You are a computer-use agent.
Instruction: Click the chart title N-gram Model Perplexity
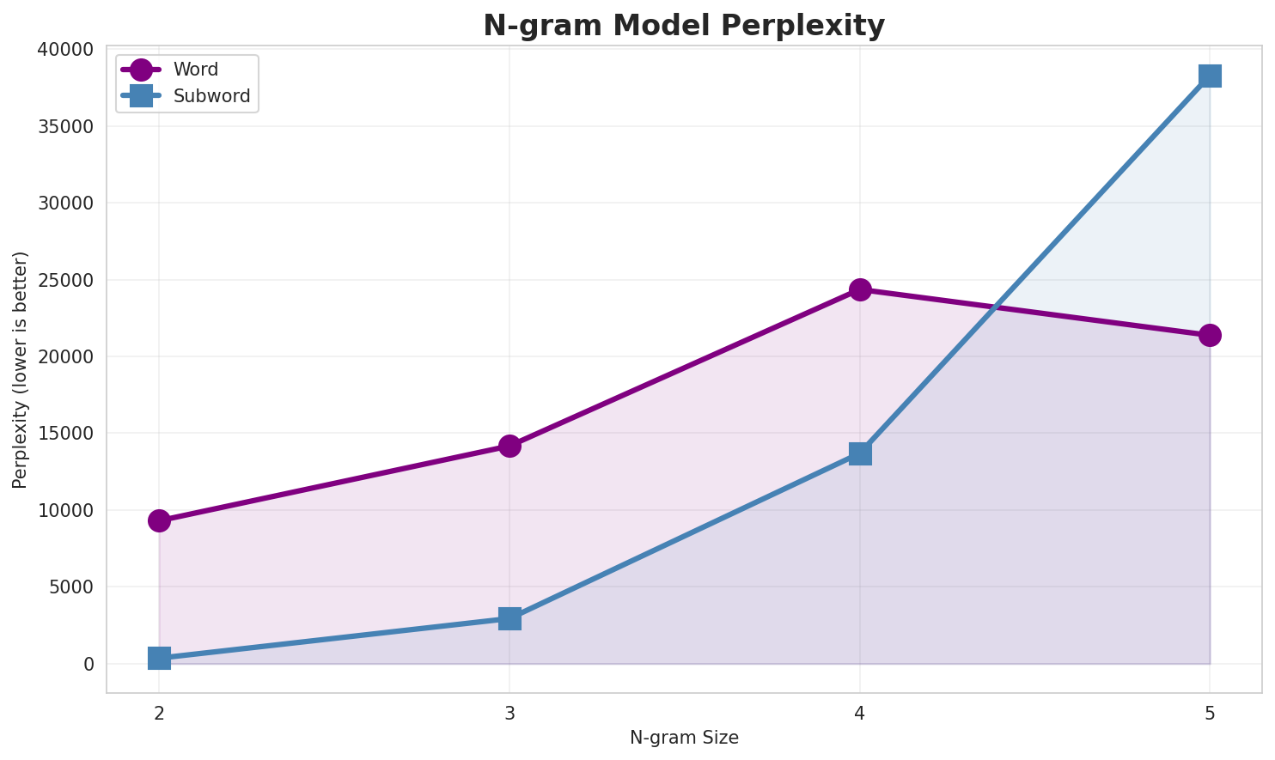[x=683, y=26]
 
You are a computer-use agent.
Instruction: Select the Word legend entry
[x=195, y=70]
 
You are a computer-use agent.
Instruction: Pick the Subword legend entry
[x=211, y=96]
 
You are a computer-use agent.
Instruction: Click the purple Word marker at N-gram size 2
[x=159, y=520]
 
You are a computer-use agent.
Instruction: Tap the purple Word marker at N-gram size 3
[x=509, y=446]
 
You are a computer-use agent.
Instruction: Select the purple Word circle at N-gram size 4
[x=860, y=289]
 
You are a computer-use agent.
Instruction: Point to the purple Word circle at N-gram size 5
[x=1210, y=335]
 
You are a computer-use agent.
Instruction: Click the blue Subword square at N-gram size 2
[x=159, y=659]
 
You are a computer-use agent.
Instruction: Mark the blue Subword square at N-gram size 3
[x=509, y=618]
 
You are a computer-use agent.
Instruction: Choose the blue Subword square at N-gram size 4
[x=860, y=453]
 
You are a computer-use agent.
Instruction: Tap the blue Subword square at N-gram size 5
[x=1210, y=76]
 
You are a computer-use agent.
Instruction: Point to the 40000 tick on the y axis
[x=65, y=50]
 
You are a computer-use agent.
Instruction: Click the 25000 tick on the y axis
[x=65, y=280]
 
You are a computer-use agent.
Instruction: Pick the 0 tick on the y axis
[x=88, y=664]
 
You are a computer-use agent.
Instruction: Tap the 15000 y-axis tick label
[x=65, y=434]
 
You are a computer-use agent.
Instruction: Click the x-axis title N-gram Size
[x=684, y=738]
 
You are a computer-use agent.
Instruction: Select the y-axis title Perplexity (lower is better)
[x=21, y=369]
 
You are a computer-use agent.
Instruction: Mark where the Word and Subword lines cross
[x=995, y=307]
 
